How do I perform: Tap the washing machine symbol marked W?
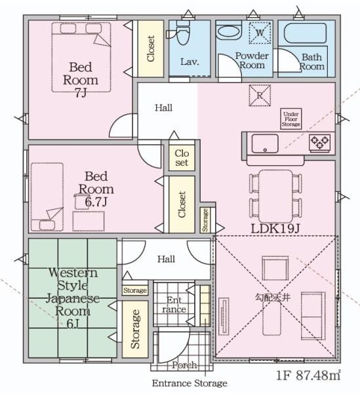coord(260,33)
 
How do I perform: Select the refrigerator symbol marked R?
coord(260,95)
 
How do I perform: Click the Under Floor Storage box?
coord(290,119)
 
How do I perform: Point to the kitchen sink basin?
coord(265,143)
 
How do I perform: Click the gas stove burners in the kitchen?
coord(319,142)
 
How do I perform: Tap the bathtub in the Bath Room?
coord(306,33)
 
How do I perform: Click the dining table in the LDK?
coord(275,196)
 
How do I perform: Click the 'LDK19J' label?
coord(275,229)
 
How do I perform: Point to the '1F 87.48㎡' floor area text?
coord(308,375)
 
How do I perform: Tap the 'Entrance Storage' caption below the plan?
coord(190,383)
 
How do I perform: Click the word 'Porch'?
coord(184,365)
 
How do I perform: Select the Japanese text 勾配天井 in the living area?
coord(273,297)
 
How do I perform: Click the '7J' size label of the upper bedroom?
coord(81,93)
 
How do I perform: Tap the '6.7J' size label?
coord(96,202)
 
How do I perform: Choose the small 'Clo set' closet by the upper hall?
coord(182,158)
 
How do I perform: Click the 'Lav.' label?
coord(190,62)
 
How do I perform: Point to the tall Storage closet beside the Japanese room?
coord(135,329)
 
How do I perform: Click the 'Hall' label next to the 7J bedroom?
coord(163,108)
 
